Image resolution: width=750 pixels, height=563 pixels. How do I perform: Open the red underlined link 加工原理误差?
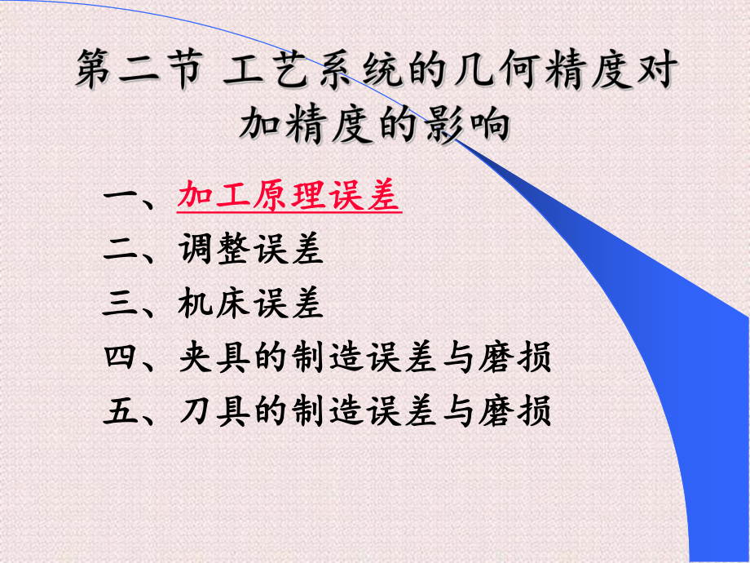289,197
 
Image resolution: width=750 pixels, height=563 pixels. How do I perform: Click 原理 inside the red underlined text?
290,197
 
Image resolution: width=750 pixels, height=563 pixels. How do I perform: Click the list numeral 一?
121,197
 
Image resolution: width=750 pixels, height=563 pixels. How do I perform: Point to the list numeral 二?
121,250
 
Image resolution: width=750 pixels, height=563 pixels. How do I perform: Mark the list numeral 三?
121,304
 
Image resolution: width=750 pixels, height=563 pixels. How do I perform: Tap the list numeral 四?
121,357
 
